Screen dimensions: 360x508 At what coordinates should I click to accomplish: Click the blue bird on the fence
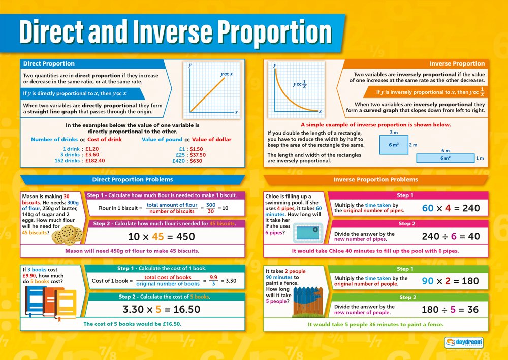click(x=311, y=302)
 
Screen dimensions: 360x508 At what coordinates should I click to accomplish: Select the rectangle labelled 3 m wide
click(x=393, y=145)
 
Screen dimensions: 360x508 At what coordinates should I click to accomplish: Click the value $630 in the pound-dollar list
click(x=195, y=161)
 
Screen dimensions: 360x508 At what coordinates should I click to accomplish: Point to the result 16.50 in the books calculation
click(x=186, y=309)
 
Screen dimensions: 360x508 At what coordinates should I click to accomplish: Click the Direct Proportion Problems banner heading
click(x=132, y=179)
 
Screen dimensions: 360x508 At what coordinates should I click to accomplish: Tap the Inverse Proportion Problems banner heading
click(x=375, y=179)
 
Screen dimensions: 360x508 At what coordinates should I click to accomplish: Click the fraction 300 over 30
click(x=211, y=208)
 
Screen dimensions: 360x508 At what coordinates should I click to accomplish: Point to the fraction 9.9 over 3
click(x=213, y=281)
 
